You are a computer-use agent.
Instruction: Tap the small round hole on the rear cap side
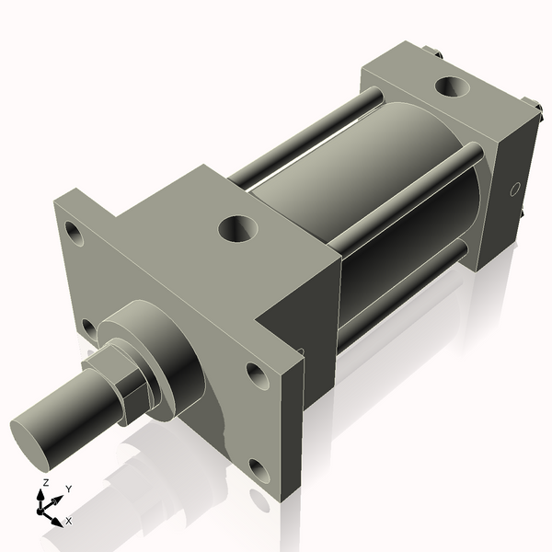515,190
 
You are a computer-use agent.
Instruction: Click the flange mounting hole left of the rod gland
88,328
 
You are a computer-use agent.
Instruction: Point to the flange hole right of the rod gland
254,373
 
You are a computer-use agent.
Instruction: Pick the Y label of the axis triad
69,489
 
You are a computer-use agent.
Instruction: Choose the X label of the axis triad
68,521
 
